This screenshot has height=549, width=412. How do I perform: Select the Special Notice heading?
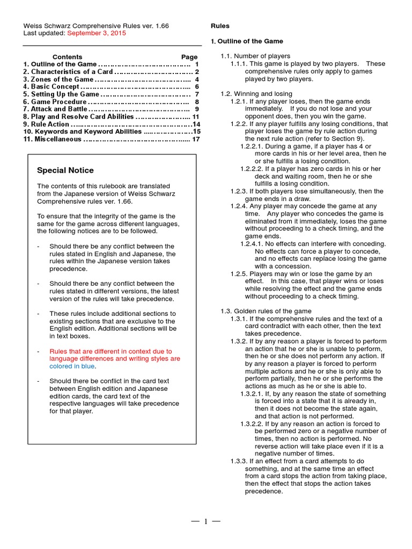coord(65,170)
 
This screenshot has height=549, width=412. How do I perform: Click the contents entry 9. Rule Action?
coord(46,124)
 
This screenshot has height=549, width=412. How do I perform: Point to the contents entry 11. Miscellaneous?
coord(52,139)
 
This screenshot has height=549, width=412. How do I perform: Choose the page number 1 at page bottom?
coord(205,522)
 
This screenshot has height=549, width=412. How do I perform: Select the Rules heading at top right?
coord(220,26)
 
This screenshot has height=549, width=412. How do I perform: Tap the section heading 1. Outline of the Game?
coord(247,41)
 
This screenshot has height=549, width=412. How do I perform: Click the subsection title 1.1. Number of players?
coord(256,56)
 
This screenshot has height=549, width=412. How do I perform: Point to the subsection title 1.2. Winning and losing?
coord(257,94)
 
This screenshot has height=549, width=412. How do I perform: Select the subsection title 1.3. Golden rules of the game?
coord(266,311)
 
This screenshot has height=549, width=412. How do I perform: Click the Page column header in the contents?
coord(189,57)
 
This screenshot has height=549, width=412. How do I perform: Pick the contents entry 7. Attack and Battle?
coord(55,109)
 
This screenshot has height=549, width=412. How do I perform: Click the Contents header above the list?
coord(67,57)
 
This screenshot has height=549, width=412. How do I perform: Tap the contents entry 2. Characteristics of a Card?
coord(68,72)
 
